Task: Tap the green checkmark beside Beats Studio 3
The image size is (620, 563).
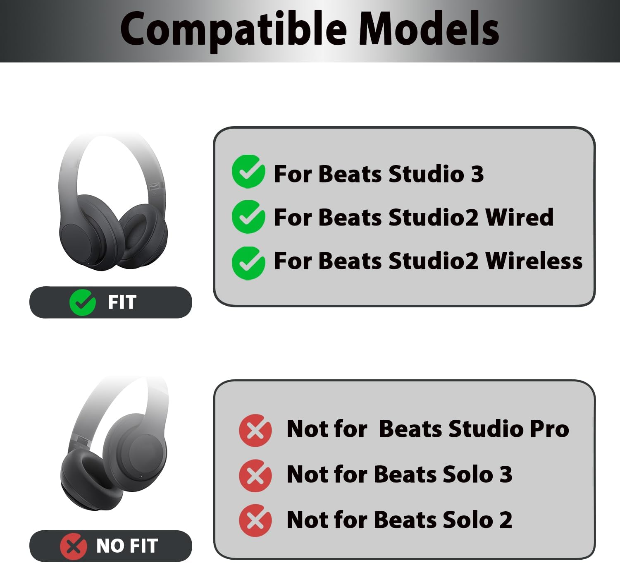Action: (x=248, y=172)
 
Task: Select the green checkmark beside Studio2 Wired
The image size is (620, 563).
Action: (x=248, y=217)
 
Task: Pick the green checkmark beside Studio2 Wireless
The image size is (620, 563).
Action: (x=248, y=263)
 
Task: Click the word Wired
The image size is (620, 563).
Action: (x=519, y=217)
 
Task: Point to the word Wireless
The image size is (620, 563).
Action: (x=534, y=261)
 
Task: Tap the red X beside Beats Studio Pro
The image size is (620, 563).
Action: (x=255, y=430)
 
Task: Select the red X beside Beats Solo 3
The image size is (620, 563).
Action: (x=255, y=475)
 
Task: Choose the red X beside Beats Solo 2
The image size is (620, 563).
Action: (x=255, y=520)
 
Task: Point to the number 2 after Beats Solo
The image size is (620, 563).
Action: (x=506, y=520)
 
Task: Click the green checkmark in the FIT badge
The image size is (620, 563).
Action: (x=83, y=302)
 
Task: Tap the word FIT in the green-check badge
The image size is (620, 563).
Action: (x=122, y=302)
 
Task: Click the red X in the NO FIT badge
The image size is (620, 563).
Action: (x=74, y=546)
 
